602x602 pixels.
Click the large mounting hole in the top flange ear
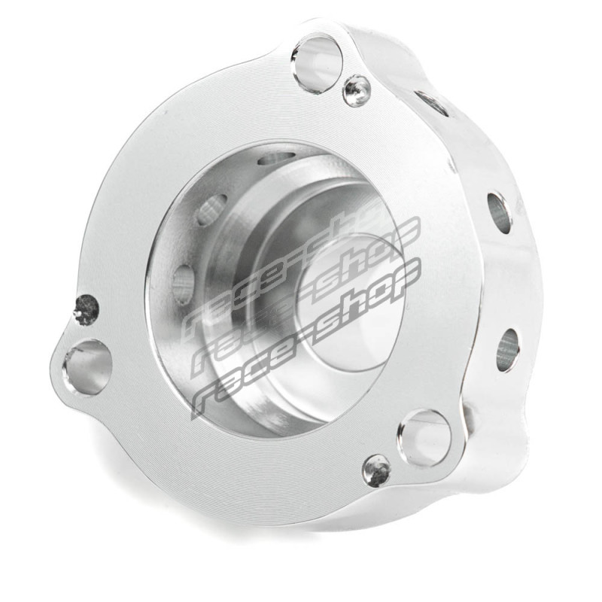coord(318,63)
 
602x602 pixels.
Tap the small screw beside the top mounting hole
coord(357,91)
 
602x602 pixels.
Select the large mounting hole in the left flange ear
coord(87,367)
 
